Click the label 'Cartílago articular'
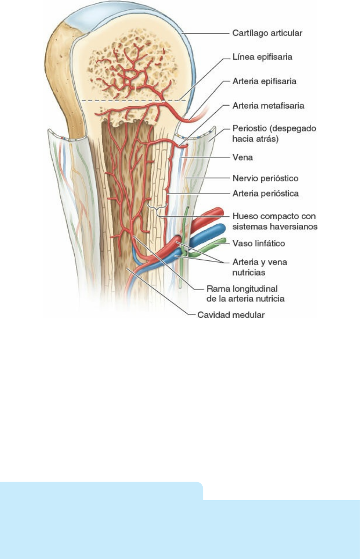(267, 33)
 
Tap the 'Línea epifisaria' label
(262, 57)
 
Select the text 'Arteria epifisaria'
(264, 81)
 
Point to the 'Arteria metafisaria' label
(268, 105)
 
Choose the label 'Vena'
(242, 157)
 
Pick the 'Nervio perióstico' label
(265, 178)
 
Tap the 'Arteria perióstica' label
(265, 193)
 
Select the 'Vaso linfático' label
(258, 243)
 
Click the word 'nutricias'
(248, 273)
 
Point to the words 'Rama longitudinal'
(242, 289)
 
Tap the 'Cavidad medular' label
(231, 315)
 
